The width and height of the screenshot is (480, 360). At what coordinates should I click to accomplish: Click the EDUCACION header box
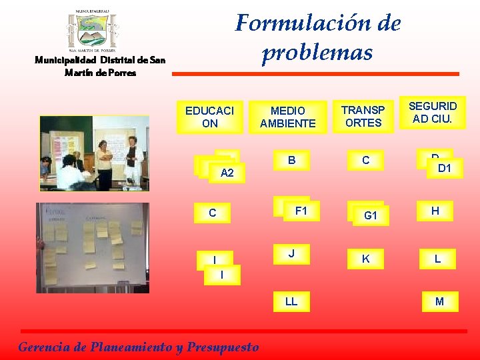tap(209, 117)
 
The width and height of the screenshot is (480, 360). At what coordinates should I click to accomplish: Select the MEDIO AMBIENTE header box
tap(288, 117)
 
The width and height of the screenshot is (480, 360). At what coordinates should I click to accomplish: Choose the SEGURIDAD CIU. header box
tap(433, 113)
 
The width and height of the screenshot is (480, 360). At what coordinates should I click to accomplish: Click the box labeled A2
tap(227, 173)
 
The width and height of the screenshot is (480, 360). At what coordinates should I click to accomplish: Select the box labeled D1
tap(444, 169)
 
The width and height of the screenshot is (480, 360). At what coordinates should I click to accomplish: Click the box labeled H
tap(435, 211)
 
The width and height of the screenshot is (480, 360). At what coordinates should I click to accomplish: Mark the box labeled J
tap(291, 254)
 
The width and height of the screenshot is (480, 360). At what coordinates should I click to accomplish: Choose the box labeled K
tap(365, 259)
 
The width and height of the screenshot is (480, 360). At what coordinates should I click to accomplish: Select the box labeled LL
tap(291, 302)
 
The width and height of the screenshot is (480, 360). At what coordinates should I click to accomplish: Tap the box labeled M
tap(439, 302)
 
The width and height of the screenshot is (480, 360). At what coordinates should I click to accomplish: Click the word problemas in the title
tap(317, 52)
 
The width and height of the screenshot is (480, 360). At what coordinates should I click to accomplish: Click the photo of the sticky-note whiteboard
tap(93, 247)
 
